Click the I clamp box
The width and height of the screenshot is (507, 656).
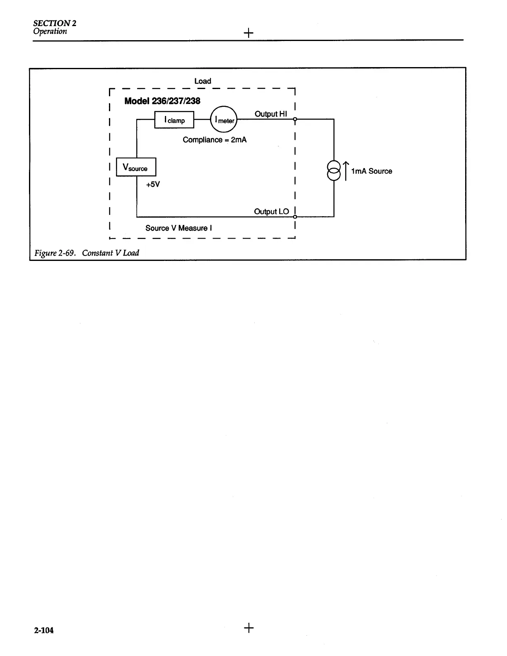[x=174, y=120]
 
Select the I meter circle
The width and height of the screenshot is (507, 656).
[x=224, y=120]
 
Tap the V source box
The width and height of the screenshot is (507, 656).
[x=136, y=167]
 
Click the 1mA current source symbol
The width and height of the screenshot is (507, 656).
[x=334, y=170]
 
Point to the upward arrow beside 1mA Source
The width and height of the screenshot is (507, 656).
[x=346, y=170]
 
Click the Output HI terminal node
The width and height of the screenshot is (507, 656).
[x=295, y=119]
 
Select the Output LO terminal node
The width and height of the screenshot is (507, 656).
[x=295, y=217]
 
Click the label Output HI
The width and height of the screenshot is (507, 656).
[x=270, y=114]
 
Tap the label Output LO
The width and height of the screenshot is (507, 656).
[x=271, y=212]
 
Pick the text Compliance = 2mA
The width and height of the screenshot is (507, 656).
[x=215, y=140]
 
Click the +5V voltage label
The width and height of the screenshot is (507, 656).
[x=152, y=185]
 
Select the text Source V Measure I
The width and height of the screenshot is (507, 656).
[x=179, y=228]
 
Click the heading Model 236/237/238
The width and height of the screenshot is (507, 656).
[x=162, y=101]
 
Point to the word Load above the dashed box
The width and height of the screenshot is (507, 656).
[x=203, y=81]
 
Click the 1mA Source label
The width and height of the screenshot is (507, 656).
[x=372, y=171]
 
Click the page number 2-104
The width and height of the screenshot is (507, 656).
[x=44, y=630]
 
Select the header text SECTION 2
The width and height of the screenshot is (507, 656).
[x=55, y=23]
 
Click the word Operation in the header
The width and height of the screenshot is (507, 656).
[x=50, y=31]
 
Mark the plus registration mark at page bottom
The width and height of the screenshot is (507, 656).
[x=249, y=628]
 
